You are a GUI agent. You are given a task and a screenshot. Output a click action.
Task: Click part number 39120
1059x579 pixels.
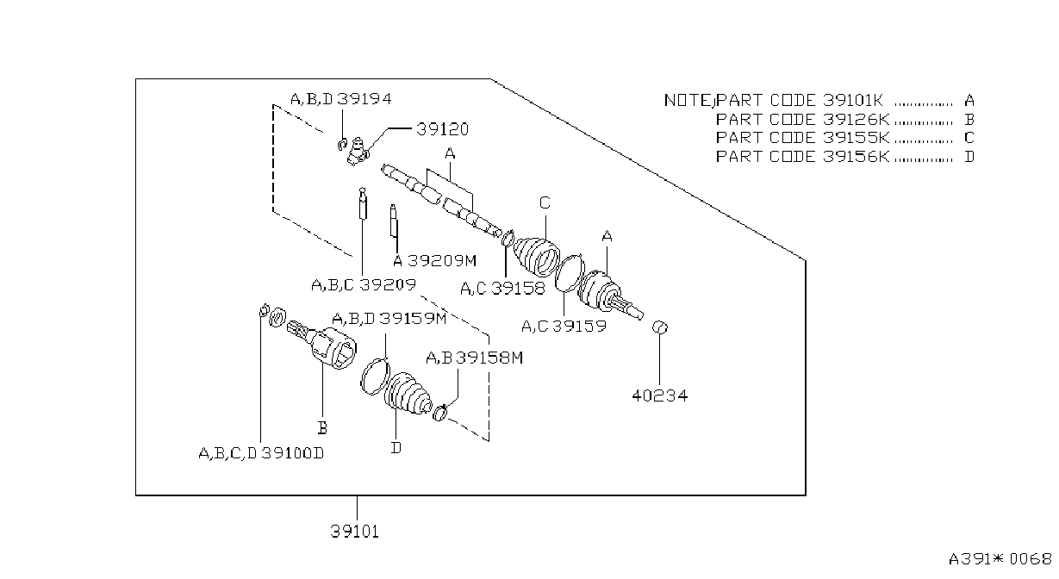pyautogui.click(x=443, y=129)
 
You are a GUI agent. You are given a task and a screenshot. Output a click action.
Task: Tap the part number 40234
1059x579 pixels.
pyautogui.click(x=659, y=395)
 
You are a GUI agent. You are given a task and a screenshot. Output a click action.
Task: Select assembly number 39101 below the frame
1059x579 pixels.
pyautogui.click(x=354, y=532)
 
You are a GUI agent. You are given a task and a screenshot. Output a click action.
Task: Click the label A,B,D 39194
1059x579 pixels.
pyautogui.click(x=341, y=99)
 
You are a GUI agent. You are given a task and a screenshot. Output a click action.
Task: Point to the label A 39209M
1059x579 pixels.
pyautogui.click(x=435, y=260)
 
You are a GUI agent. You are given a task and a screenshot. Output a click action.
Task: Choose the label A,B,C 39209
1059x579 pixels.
pyautogui.click(x=364, y=284)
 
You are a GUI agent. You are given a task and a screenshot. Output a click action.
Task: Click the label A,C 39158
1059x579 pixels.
pyautogui.click(x=502, y=289)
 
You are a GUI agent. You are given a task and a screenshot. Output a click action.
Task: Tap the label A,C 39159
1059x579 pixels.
pyautogui.click(x=564, y=327)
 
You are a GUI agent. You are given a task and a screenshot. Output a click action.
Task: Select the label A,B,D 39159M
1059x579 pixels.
pyautogui.click(x=389, y=319)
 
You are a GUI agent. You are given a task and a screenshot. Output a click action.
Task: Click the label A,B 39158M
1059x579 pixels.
pyautogui.click(x=475, y=358)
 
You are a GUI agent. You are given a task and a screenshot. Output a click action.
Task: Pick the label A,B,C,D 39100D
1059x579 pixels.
pyautogui.click(x=261, y=453)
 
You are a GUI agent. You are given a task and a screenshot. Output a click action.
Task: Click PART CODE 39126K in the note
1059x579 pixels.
pyautogui.click(x=802, y=120)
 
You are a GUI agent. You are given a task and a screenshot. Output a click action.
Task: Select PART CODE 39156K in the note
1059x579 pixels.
pyautogui.click(x=802, y=157)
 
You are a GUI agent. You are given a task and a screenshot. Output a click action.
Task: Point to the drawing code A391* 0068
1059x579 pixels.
pyautogui.click(x=1000, y=559)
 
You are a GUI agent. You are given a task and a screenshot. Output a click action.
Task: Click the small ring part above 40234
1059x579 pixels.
pyautogui.click(x=660, y=327)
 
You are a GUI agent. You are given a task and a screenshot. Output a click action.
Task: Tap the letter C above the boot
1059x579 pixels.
pyautogui.click(x=545, y=202)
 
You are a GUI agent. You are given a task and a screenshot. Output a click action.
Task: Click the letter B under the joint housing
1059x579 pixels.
pyautogui.click(x=322, y=427)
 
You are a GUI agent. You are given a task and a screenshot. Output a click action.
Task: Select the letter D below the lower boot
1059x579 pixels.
pyautogui.click(x=396, y=447)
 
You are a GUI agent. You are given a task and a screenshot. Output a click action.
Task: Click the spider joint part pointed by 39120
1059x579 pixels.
pyautogui.click(x=358, y=152)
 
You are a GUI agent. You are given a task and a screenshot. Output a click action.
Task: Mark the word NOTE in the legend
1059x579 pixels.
pyautogui.click(x=688, y=101)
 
